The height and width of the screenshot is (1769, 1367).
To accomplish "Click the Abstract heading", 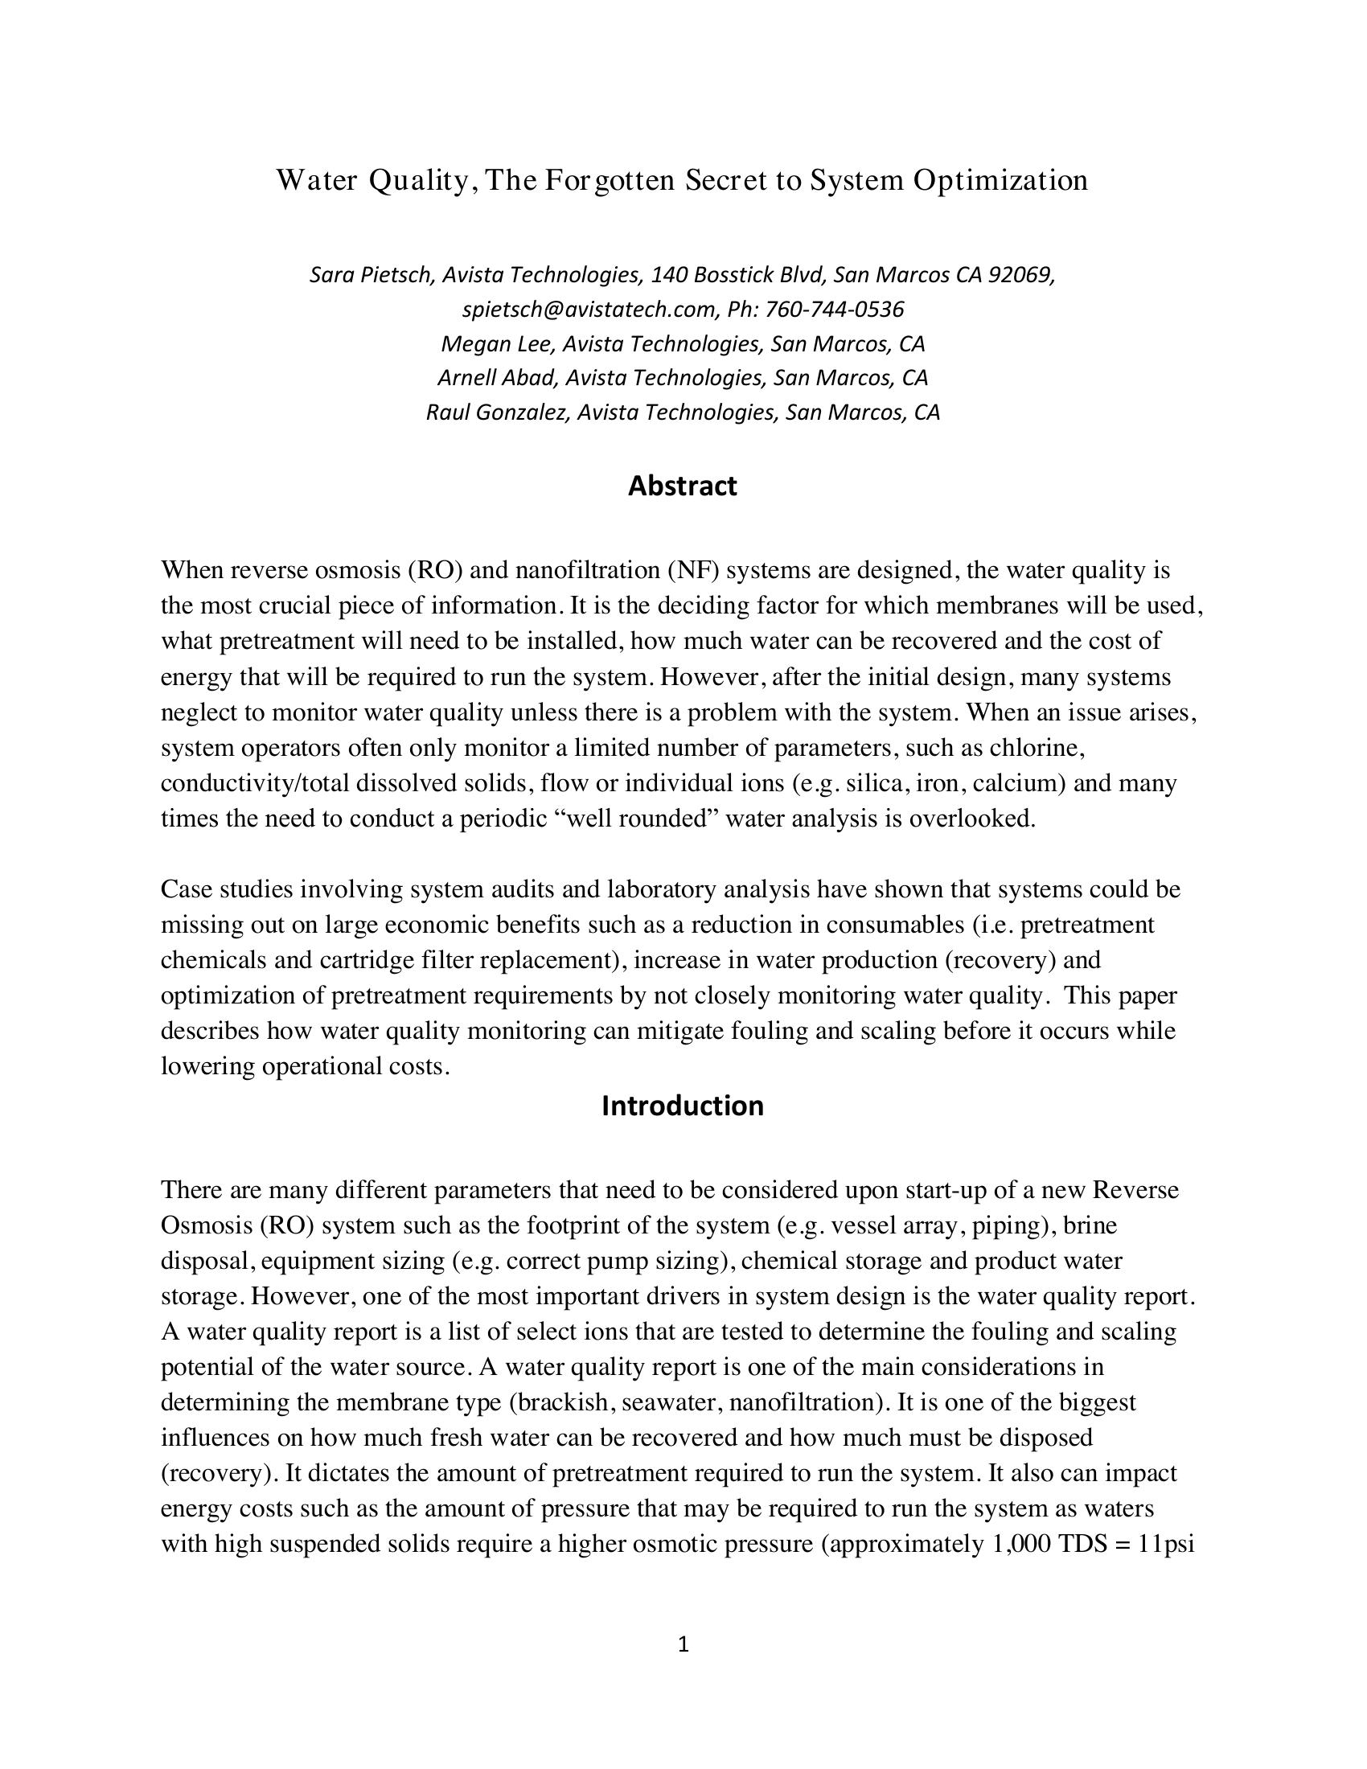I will click(x=683, y=486).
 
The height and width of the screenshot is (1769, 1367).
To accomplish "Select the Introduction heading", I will click(x=683, y=1106).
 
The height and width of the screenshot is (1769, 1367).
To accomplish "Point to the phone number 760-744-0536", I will click(x=834, y=310).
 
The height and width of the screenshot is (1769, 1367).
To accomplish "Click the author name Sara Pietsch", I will click(x=372, y=275).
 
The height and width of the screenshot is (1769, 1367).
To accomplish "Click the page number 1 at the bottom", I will click(x=683, y=1644).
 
